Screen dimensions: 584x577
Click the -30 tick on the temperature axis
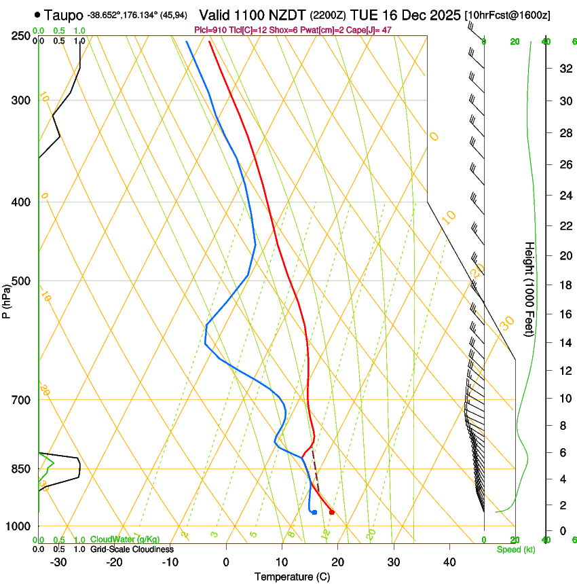[x=58, y=562]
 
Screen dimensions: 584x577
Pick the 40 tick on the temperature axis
[x=449, y=562]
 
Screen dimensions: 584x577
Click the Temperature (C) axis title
[x=292, y=577]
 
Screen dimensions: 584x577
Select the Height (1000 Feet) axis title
[x=530, y=289]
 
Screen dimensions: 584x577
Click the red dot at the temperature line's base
[x=331, y=512]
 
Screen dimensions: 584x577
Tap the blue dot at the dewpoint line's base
[x=314, y=512]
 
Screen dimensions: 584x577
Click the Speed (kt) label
[x=515, y=549]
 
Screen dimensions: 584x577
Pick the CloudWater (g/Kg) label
[x=125, y=540]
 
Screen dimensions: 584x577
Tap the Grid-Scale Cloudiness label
[x=132, y=549]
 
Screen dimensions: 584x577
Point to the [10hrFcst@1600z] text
[x=508, y=15]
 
